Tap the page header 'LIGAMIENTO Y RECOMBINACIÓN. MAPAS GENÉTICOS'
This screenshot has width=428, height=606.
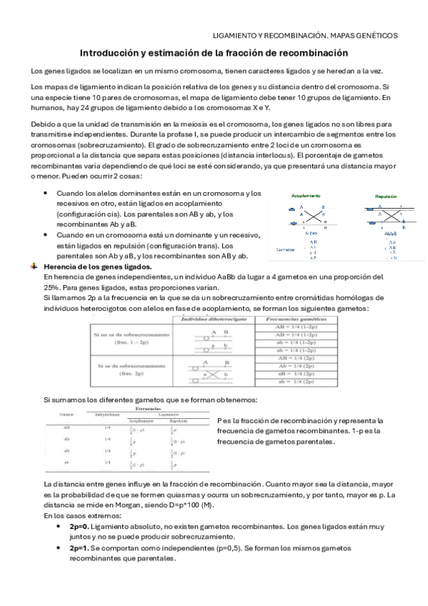tap(306, 35)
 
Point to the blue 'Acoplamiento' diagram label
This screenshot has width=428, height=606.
tap(305, 196)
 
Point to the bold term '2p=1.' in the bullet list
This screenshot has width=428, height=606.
tap(79, 548)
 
